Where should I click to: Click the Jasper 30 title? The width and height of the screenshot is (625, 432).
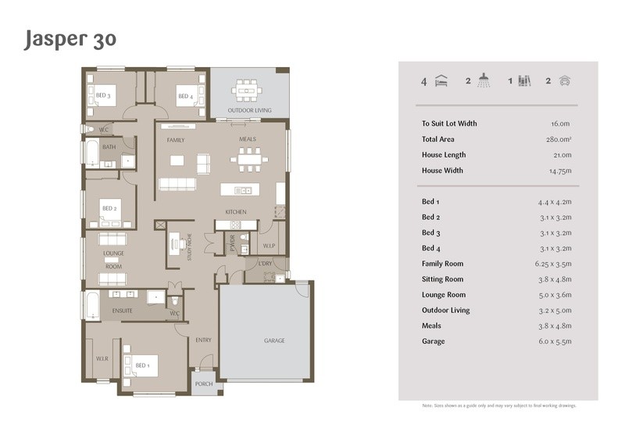tap(70, 40)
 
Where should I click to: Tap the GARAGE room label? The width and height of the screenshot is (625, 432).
tap(274, 341)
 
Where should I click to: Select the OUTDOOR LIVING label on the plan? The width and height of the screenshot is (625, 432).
tap(249, 110)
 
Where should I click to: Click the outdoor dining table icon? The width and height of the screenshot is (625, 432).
tap(247, 90)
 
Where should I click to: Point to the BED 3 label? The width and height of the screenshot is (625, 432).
tap(103, 95)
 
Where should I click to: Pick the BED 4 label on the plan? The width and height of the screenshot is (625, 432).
tap(186, 96)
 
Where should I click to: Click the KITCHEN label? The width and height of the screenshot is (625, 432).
tap(236, 212)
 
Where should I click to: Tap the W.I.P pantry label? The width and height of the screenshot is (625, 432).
tap(269, 246)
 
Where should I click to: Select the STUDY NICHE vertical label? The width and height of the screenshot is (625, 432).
tap(189, 247)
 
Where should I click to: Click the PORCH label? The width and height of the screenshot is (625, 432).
tap(204, 384)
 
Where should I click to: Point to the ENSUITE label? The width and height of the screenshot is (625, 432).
tap(123, 310)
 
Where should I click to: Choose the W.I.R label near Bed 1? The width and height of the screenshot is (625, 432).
tap(102, 359)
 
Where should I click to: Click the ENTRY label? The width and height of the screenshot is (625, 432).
tap(203, 340)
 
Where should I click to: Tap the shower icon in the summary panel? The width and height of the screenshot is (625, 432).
tap(484, 80)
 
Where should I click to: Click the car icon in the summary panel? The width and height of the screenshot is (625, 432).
tap(565, 81)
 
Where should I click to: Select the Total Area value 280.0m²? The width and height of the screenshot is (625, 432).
tap(559, 140)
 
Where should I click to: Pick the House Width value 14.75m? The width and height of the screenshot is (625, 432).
tap(560, 171)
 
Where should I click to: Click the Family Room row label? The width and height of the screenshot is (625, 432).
tap(442, 264)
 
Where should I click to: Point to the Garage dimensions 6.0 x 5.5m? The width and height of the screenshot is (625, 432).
tap(555, 342)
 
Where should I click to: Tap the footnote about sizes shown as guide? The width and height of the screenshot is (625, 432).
tap(499, 405)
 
